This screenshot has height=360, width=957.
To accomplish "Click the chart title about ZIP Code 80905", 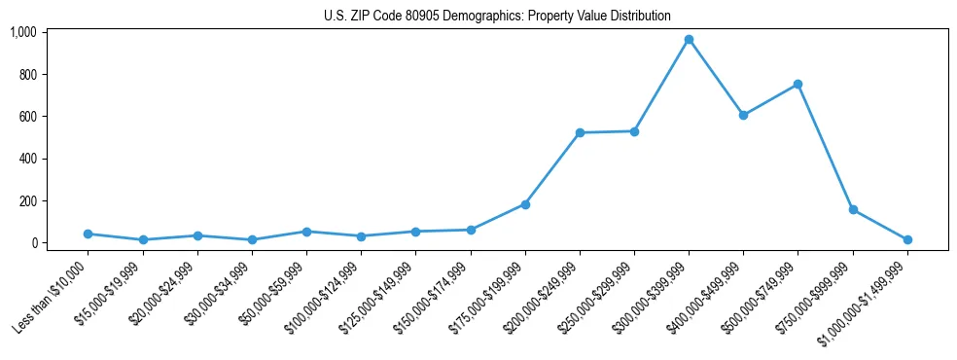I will coord(497,16).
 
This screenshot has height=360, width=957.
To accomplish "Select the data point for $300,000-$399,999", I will coord(689,40).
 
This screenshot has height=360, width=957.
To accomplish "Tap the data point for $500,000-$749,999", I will coord(797,85).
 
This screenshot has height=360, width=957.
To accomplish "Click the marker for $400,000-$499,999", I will coord(743,115).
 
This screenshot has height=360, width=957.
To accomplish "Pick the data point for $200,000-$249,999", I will coord(580,132).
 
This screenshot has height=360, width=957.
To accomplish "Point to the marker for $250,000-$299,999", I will coord(634,131).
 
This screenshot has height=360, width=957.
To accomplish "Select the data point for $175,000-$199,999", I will coord(525,204).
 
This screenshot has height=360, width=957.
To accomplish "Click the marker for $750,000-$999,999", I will coord(853,209).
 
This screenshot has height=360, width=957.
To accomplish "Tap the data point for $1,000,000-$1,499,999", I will coord(907,239).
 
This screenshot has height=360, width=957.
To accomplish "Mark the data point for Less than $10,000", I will coord(89,234).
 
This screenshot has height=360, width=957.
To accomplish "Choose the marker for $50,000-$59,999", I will coord(306,232).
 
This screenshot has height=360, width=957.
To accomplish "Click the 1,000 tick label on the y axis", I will coord(23,32).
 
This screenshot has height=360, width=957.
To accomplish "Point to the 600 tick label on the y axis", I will coord(27,117).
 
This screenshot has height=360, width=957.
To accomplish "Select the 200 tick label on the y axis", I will coord(27,200).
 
